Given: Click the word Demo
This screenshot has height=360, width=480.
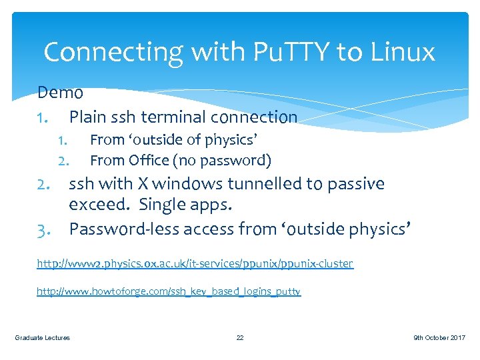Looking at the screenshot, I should coord(60,92).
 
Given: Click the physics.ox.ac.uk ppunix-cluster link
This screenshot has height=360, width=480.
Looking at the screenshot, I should coord(195,263).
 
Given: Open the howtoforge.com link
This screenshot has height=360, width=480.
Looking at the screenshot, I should coord(169,291).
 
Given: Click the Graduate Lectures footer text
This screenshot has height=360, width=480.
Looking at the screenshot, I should coord(42,338).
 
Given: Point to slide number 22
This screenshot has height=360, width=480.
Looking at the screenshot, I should coord(240,338).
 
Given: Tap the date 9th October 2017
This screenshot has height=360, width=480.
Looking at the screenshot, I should coord(439,338).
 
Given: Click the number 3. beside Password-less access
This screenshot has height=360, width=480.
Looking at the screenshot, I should coord(45,229).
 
